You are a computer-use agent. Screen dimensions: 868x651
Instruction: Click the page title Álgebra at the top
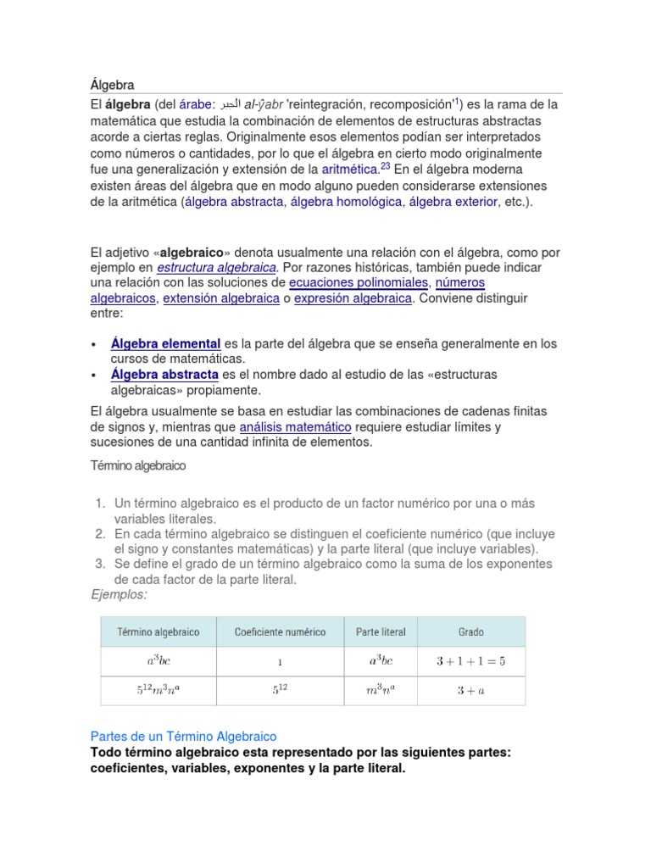[x=112, y=85]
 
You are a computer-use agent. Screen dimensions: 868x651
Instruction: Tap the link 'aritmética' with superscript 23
[x=349, y=170]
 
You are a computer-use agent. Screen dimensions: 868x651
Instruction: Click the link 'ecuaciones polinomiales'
[x=359, y=282]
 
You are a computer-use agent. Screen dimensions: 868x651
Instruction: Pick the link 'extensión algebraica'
[x=221, y=298]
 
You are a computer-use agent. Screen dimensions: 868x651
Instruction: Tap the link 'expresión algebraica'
[x=352, y=298]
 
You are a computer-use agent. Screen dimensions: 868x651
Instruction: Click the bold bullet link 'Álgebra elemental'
[x=166, y=343]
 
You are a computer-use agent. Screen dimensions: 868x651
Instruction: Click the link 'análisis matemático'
[x=296, y=426]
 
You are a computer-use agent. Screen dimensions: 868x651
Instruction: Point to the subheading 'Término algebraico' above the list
[x=137, y=466]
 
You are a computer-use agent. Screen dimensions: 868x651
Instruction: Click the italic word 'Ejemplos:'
[x=119, y=595]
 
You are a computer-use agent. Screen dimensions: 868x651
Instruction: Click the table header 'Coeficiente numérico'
[x=279, y=632]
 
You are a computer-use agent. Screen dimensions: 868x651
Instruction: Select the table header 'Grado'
[x=470, y=632]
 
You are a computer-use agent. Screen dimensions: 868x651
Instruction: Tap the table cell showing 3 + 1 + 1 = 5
[x=470, y=661]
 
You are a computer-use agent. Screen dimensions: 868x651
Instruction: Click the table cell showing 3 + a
[x=470, y=691]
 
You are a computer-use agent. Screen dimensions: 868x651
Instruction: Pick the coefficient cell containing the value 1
[x=279, y=662]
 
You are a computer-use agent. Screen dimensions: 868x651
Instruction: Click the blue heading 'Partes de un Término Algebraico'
[x=183, y=737]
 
